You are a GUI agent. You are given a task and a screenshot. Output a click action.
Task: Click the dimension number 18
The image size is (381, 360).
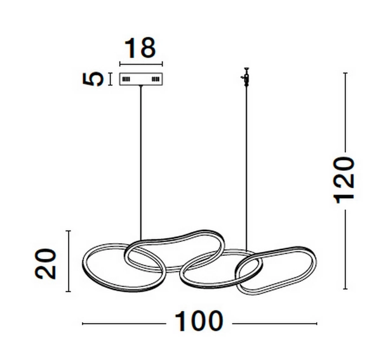pos(141,48)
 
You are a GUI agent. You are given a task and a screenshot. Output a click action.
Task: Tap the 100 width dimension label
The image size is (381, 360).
pos(199,323)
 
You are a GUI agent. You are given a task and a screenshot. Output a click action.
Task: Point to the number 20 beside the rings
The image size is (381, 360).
pos(46,262)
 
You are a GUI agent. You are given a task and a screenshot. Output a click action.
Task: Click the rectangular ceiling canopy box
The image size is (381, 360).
pos(142,80)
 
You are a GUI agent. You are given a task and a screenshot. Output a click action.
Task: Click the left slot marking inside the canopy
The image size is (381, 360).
pos(126,80)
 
